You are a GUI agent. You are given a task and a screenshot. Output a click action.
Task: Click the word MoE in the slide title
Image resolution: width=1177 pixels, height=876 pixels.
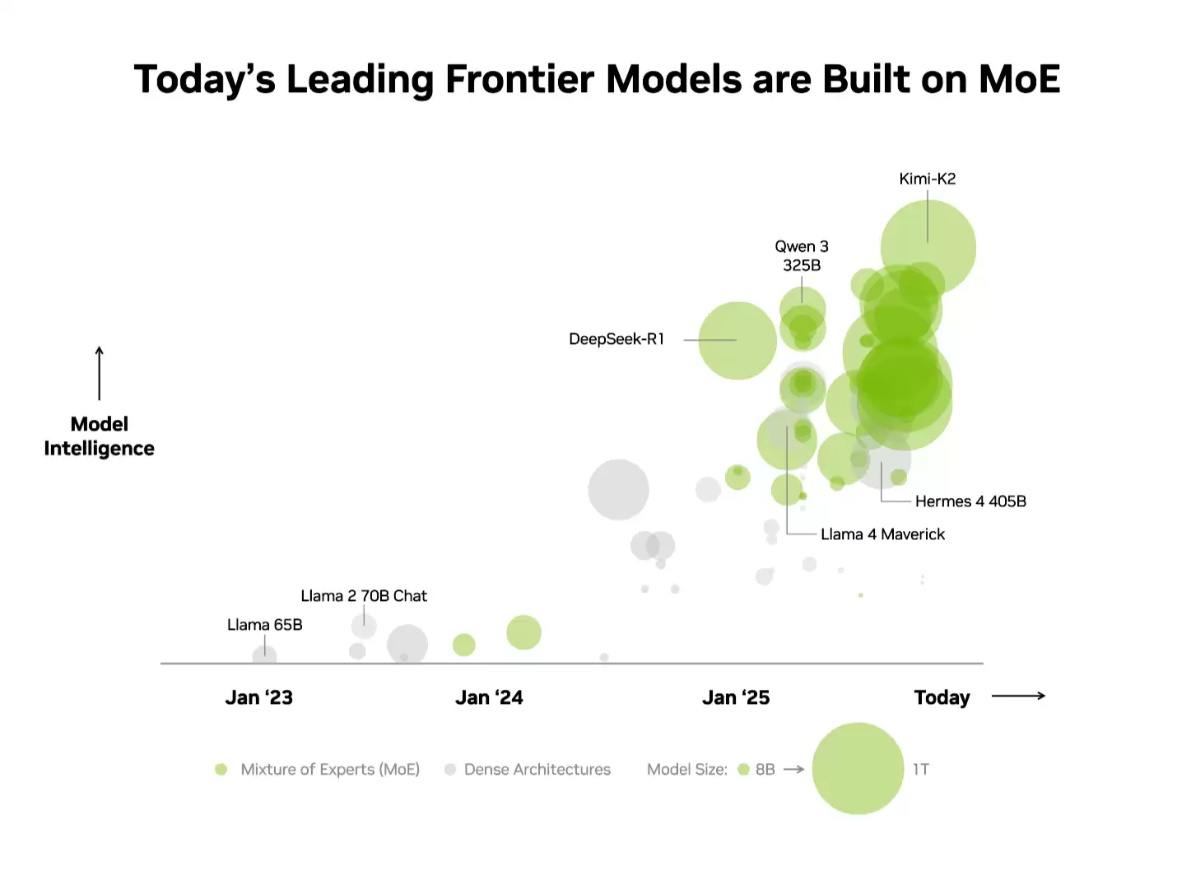1019,80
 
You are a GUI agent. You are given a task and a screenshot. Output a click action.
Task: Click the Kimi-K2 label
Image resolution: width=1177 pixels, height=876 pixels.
928,179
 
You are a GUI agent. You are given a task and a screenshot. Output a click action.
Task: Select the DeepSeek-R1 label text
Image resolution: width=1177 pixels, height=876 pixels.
616,339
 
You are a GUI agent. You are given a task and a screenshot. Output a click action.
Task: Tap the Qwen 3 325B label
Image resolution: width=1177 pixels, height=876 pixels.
802,255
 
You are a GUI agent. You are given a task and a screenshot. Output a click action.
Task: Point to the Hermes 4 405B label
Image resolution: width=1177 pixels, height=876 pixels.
970,501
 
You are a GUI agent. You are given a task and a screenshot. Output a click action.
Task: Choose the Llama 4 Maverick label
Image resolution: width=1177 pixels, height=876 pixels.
882,534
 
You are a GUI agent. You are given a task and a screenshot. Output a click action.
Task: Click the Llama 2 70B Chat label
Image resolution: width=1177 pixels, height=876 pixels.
364,596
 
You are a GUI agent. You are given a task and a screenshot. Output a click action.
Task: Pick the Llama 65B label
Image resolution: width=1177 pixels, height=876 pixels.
265,625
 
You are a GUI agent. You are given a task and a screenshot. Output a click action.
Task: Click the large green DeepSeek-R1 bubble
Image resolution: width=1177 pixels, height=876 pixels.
737,341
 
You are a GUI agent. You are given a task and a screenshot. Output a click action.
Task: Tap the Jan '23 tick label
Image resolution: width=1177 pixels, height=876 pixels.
259,698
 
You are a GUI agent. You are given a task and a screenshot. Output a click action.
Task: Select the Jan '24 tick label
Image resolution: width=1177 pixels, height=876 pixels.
489,698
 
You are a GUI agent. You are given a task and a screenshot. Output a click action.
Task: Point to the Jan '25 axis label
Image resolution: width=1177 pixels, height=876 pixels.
736,698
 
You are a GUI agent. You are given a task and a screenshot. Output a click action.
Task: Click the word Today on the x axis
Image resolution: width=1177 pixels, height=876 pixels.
942,698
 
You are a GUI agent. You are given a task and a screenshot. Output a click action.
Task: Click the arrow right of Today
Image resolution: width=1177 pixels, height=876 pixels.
1018,697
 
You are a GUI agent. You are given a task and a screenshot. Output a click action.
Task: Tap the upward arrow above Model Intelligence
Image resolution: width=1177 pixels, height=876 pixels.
100,373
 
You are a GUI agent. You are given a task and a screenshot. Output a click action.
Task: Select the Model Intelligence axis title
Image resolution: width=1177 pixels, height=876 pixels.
100,436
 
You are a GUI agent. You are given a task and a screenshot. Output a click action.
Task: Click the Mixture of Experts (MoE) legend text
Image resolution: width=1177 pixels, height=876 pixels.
330,770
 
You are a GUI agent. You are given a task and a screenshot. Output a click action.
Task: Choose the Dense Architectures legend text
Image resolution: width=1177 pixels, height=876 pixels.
537,770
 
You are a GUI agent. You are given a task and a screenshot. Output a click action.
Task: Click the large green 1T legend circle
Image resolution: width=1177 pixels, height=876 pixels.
858,769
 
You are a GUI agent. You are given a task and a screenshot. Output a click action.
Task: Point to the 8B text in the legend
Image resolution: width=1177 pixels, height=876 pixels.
765,770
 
